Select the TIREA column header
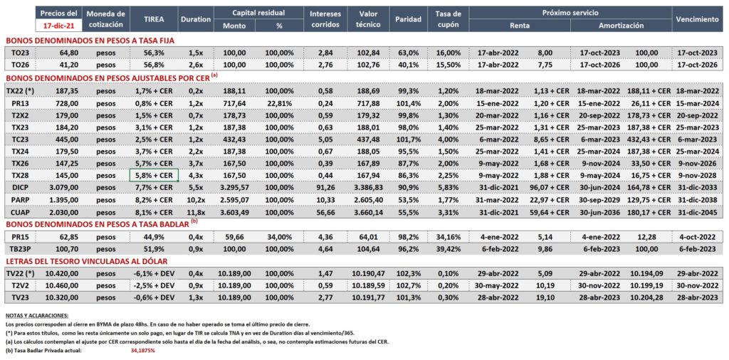(153, 19)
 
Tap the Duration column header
(196, 19)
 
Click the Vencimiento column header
(697, 19)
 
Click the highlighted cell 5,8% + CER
(153, 175)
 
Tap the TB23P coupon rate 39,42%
(449, 248)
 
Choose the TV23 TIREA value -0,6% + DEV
(153, 297)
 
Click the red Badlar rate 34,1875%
(142, 350)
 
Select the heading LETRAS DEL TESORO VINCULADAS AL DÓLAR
(86, 261)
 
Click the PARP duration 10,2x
(196, 200)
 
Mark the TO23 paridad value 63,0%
(408, 53)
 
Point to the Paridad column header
(408, 19)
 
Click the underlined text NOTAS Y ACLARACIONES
(36, 315)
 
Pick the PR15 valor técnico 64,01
(368, 236)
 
